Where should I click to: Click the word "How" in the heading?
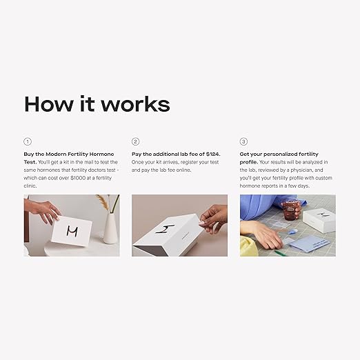[47, 103]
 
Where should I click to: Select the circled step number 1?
[28, 141]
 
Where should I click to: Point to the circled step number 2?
[136, 141]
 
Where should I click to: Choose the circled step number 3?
[243, 141]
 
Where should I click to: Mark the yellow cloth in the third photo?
[248, 246]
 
